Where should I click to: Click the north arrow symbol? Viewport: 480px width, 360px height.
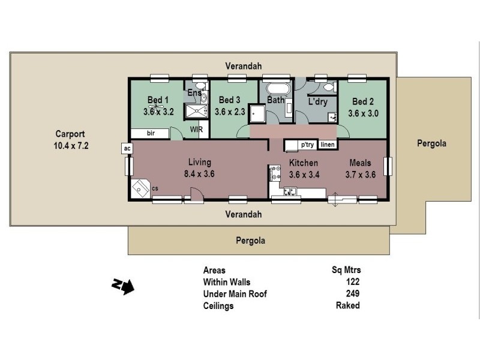click(123, 286)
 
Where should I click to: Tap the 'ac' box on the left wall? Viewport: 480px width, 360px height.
click(127, 147)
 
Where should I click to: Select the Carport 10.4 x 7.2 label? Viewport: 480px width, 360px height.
click(70, 140)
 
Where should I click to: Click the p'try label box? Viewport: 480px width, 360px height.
click(308, 145)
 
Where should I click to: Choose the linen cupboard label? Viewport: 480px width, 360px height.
click(327, 145)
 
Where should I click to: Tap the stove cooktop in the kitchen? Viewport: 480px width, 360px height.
click(277, 173)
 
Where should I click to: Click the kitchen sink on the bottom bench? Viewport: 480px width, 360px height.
click(290, 191)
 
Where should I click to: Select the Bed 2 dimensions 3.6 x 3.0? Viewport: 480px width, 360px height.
click(364, 112)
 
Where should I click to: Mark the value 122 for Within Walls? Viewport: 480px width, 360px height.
click(353, 282)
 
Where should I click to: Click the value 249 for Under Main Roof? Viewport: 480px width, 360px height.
click(353, 294)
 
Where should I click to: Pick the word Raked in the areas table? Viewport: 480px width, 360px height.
click(348, 305)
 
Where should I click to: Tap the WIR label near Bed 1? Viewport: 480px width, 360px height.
click(196, 129)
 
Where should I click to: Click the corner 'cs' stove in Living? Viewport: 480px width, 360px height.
click(142, 189)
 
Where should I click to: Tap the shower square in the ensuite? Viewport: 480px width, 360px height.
click(194, 112)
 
